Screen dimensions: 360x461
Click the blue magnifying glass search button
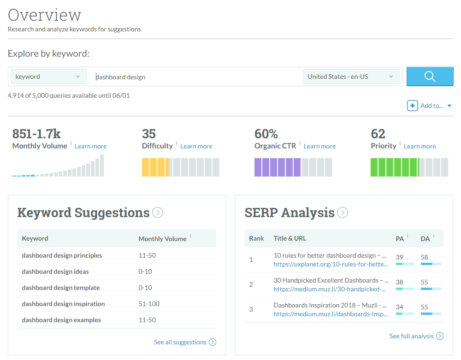[x=430, y=77]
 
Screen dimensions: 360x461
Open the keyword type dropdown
[x=48, y=77]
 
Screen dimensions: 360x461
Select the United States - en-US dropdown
[x=351, y=77]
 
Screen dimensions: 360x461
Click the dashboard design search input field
[x=194, y=77]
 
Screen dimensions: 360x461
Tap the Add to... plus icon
[x=412, y=106]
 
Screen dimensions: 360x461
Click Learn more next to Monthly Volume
[x=90, y=146]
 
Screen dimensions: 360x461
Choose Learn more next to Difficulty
[x=196, y=146]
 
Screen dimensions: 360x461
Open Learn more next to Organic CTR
[x=319, y=146]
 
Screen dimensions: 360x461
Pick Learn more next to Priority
[x=420, y=146]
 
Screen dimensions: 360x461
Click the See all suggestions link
[x=180, y=342]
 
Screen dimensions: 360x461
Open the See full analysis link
[x=411, y=336]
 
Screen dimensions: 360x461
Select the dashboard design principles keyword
[x=62, y=255]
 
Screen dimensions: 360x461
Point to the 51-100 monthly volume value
[x=148, y=304]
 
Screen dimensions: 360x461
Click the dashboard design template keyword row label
[x=60, y=288]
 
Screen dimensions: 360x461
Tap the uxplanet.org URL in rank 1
[x=331, y=264]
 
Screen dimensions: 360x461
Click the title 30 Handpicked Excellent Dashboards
[x=331, y=280]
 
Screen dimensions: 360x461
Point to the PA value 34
[x=400, y=307]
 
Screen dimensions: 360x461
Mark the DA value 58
[x=425, y=257]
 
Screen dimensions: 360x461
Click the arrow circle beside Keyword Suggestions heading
[x=158, y=212]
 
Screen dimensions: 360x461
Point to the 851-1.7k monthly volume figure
[x=36, y=134]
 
